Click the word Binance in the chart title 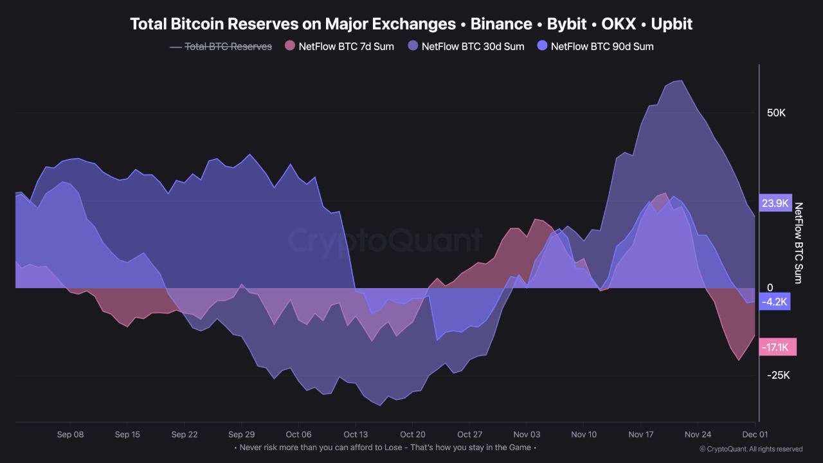pyautogui.click(x=501, y=24)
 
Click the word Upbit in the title pyautogui.click(x=671, y=24)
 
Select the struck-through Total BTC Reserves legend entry pyautogui.click(x=228, y=46)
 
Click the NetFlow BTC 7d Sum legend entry pyautogui.click(x=346, y=46)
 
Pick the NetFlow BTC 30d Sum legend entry pyautogui.click(x=473, y=46)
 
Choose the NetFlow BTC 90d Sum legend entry pyautogui.click(x=602, y=46)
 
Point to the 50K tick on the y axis pyautogui.click(x=776, y=113)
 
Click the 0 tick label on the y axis pyautogui.click(x=770, y=288)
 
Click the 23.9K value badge pyautogui.click(x=775, y=203)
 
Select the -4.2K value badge pyautogui.click(x=775, y=302)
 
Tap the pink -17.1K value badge pyautogui.click(x=776, y=347)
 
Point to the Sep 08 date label pyautogui.click(x=70, y=435)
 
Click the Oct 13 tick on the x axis pyautogui.click(x=356, y=435)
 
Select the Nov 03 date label pyautogui.click(x=526, y=435)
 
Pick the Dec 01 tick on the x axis pyautogui.click(x=755, y=435)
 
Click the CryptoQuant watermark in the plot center pyautogui.click(x=384, y=241)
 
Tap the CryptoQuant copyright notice pyautogui.click(x=750, y=449)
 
